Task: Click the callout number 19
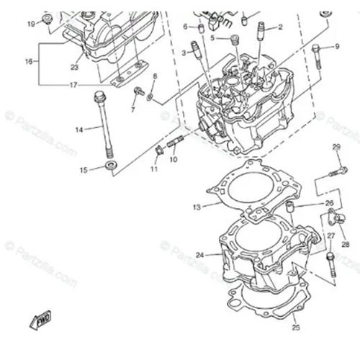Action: (31, 24)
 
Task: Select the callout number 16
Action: (29, 62)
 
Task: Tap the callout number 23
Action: (74, 68)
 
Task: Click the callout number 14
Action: (79, 129)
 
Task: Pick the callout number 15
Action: (84, 170)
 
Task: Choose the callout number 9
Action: (336, 47)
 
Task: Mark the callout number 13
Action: (196, 207)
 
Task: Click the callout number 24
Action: (199, 254)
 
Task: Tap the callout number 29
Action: (336, 148)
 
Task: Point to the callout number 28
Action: (346, 244)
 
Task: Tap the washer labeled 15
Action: (109, 168)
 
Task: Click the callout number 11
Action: (153, 169)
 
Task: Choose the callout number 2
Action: (280, 27)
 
